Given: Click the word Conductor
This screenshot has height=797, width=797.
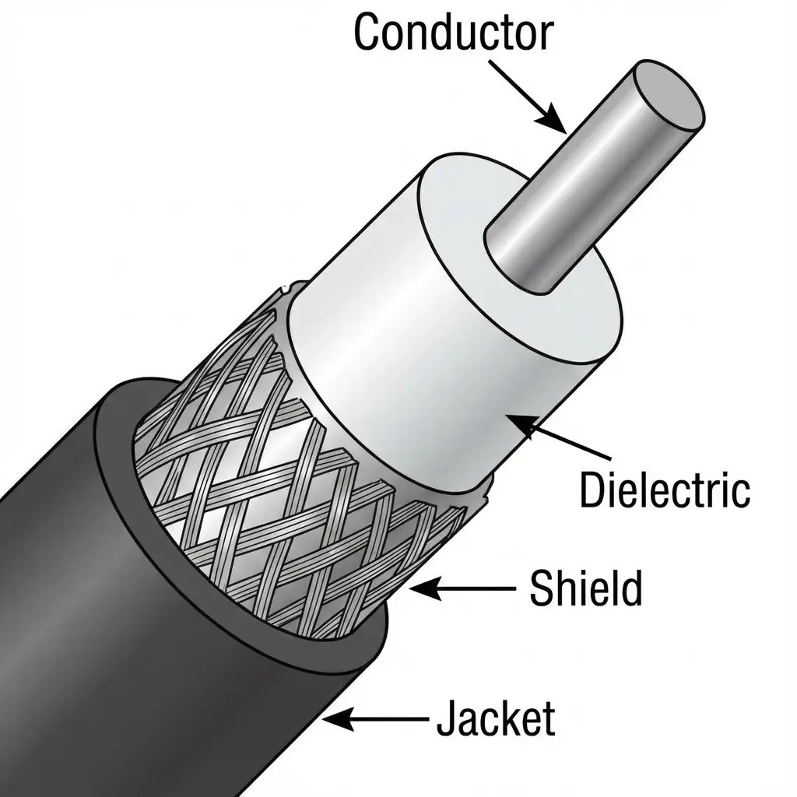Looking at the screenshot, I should coord(453,33).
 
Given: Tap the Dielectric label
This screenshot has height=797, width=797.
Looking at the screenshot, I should coord(665,490).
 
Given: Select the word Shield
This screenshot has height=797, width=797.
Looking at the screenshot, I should coord(585,589).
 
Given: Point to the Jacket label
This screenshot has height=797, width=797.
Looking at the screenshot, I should coord(496,719).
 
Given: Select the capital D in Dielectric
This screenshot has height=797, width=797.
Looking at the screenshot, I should coord(593,490).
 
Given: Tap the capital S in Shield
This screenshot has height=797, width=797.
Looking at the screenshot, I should coord(541,589).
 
